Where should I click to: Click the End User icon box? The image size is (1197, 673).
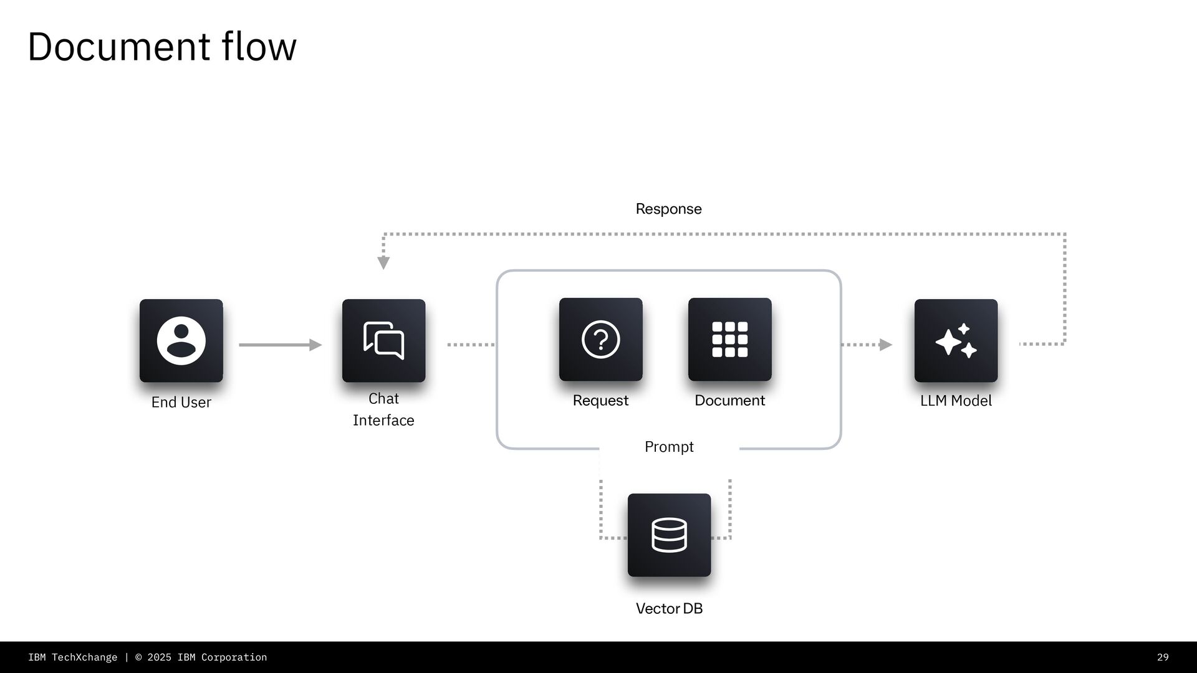(181, 340)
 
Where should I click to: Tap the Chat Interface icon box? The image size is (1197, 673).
(383, 340)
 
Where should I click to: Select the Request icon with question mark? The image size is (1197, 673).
(600, 339)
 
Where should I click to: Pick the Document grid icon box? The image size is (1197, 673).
(729, 339)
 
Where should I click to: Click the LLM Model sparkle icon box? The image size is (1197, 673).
(956, 340)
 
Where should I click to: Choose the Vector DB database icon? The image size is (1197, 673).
(669, 535)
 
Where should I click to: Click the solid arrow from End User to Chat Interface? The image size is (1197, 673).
(280, 345)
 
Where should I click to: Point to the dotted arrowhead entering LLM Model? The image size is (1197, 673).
(885, 345)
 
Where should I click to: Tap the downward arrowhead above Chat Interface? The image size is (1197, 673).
(383, 262)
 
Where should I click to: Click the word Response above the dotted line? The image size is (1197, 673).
(668, 209)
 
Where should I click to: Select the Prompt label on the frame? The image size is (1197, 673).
(669, 447)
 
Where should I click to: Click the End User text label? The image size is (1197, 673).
(181, 403)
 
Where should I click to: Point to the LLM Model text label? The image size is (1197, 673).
(956, 401)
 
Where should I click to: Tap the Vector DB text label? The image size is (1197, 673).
(669, 608)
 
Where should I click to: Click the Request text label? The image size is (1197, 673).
(600, 401)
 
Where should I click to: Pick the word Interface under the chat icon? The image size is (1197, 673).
(383, 421)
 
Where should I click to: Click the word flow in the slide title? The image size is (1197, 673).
(259, 47)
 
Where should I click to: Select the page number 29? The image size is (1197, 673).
(1163, 657)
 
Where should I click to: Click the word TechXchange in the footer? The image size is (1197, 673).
(84, 657)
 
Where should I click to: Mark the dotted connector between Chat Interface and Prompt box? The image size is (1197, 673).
(471, 345)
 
